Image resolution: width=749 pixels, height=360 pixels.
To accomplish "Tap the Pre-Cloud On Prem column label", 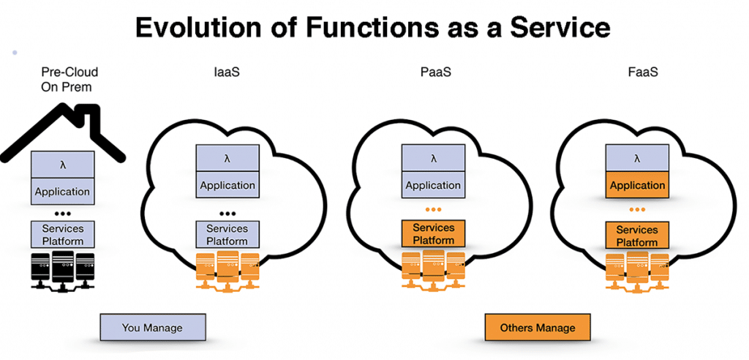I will click(69, 78).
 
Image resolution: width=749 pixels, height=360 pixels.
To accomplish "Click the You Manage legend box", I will click(152, 327).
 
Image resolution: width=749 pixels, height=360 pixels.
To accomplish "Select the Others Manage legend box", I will click(538, 327).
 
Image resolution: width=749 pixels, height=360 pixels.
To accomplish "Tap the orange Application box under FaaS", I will click(637, 185).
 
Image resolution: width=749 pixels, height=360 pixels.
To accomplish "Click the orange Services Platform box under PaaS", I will click(434, 233).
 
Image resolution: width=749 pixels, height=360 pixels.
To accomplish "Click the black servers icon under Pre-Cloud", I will click(64, 271).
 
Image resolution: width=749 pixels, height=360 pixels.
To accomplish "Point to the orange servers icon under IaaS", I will click(228, 271).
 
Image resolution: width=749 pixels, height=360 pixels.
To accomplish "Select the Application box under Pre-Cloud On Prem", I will click(63, 192).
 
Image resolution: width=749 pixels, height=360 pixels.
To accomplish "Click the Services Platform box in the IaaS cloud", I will click(227, 235).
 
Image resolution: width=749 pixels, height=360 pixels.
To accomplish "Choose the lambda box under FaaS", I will click(637, 158).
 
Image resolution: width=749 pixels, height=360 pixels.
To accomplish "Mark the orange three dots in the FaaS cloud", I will click(637, 210).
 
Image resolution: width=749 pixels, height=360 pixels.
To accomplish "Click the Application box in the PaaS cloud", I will click(433, 185).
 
